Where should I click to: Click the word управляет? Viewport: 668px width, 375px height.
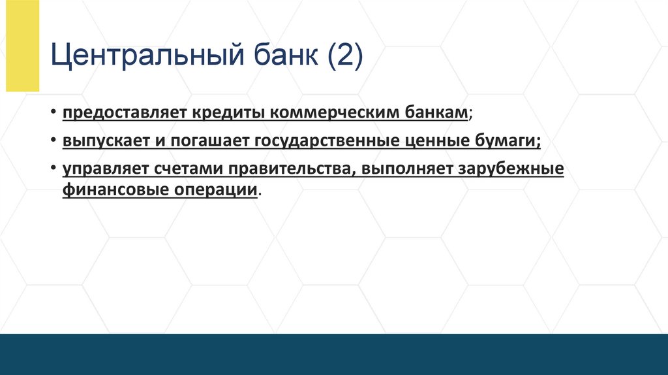106,169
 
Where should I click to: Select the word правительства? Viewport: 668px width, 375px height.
290,169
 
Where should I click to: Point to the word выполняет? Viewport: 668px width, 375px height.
405,169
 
